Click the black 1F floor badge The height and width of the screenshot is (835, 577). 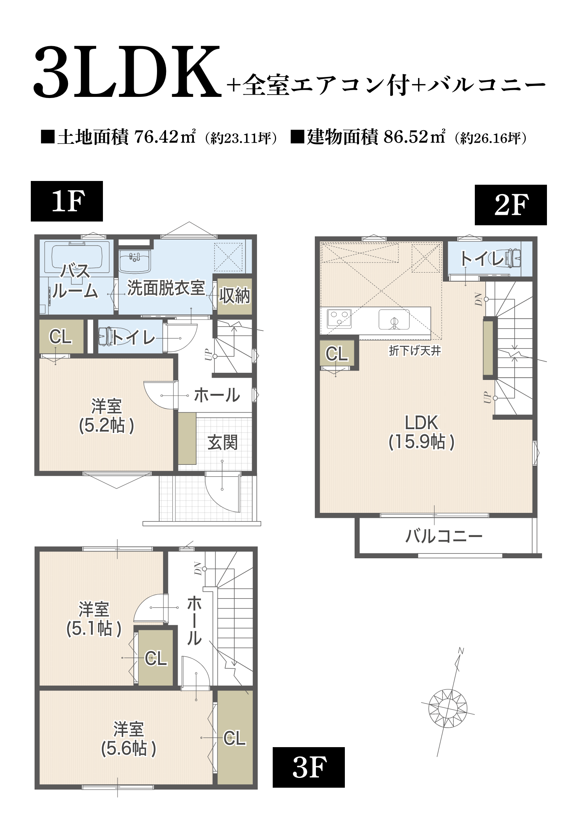click(x=67, y=201)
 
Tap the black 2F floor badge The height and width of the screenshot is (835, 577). click(x=511, y=205)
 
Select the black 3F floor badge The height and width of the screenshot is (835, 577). click(x=308, y=767)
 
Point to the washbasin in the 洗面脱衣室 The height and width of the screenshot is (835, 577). click(x=134, y=261)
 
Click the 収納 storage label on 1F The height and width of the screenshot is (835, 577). click(x=234, y=296)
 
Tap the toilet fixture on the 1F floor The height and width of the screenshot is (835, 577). click(x=106, y=336)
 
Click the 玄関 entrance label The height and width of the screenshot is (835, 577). click(x=222, y=442)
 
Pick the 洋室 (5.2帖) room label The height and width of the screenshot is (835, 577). click(x=106, y=416)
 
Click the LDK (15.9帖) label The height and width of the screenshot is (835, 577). click(x=421, y=432)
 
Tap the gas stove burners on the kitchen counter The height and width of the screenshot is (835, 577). click(x=339, y=318)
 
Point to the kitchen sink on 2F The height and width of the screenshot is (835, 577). click(x=394, y=320)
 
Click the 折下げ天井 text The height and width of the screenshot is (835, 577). click(x=414, y=351)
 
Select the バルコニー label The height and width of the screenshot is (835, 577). click(x=443, y=536)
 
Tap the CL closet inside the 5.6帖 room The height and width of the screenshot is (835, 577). click(x=235, y=738)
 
